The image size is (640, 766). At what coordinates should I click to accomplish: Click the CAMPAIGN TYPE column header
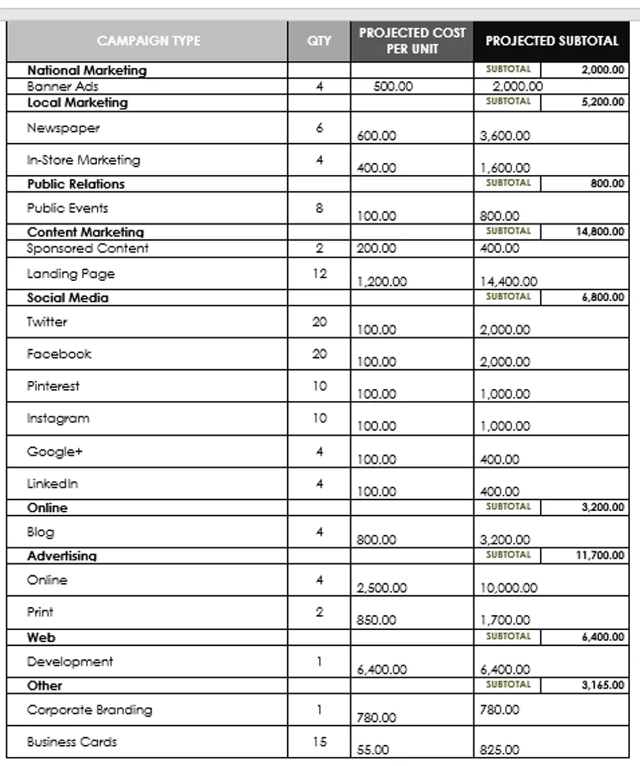tap(148, 41)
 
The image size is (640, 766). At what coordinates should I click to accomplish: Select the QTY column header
tap(319, 41)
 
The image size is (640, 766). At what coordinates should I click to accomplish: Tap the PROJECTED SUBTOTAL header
tap(551, 41)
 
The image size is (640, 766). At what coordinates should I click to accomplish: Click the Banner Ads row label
tap(63, 86)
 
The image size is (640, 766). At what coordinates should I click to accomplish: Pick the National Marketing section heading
tap(87, 70)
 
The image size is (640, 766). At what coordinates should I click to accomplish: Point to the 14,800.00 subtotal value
tap(600, 231)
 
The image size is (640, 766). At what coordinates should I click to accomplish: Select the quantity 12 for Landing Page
tap(319, 273)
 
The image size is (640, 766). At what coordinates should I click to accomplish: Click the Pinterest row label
tap(53, 386)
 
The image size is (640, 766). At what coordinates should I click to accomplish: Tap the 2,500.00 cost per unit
tap(382, 588)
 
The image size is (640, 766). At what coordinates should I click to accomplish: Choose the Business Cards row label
tap(72, 742)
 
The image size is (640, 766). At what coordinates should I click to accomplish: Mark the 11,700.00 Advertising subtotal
tap(600, 555)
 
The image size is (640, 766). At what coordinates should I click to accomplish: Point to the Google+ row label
tap(55, 451)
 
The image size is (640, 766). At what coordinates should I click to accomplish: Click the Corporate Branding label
tap(90, 710)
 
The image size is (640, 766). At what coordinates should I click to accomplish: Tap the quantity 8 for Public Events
tap(319, 208)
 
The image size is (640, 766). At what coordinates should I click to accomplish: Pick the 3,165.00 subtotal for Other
tap(603, 685)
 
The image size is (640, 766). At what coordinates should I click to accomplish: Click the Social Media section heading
tap(68, 297)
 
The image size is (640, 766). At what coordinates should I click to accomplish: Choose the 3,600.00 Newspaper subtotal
tap(505, 136)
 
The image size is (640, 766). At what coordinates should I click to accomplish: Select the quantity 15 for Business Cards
tap(319, 742)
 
